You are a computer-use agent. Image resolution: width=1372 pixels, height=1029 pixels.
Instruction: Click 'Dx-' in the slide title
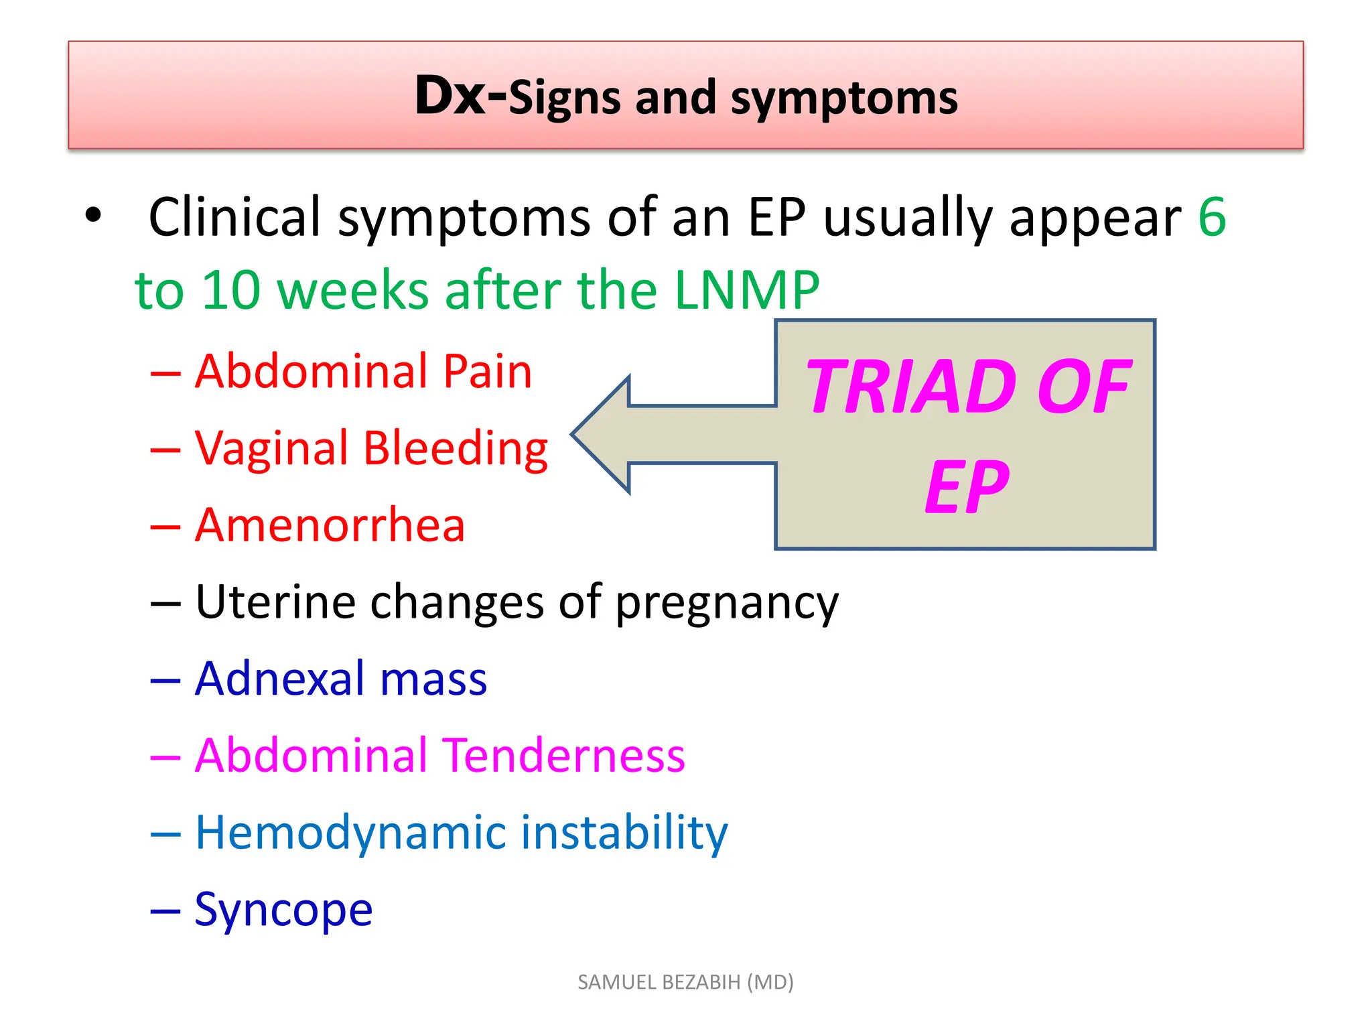click(x=460, y=96)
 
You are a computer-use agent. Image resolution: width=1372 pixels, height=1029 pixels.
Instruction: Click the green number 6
click(x=1212, y=217)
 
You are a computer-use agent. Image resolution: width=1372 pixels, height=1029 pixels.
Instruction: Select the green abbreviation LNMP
click(x=747, y=290)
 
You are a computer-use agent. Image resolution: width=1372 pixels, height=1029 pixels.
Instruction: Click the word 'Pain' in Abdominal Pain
click(x=488, y=371)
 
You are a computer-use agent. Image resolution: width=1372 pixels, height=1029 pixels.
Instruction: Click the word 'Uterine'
click(x=275, y=602)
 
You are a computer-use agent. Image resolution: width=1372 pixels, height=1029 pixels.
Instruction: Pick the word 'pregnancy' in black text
click(x=727, y=603)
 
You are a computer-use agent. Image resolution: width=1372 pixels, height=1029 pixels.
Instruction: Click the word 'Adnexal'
click(x=280, y=679)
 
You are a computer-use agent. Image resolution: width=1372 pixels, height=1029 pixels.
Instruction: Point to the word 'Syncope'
click(x=283, y=910)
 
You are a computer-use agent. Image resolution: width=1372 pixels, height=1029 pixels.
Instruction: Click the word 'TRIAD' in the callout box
click(x=913, y=387)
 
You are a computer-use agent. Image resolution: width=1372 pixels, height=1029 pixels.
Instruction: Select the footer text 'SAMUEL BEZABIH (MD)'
click(x=685, y=982)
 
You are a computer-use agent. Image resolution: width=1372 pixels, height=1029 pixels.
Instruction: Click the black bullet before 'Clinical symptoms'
click(x=93, y=216)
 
